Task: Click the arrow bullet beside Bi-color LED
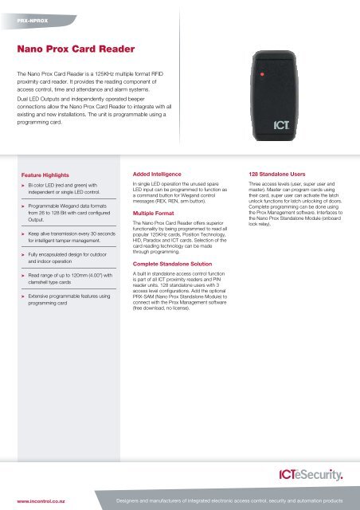23,184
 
